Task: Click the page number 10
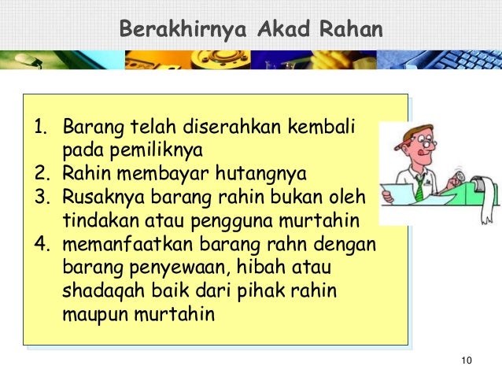466,360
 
